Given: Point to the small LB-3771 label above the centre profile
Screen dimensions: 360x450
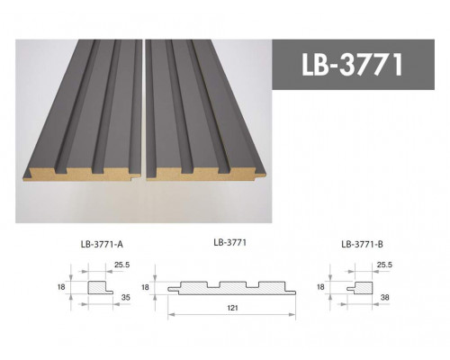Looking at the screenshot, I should tap(230, 241).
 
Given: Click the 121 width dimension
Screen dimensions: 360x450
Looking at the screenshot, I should tap(231, 309).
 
